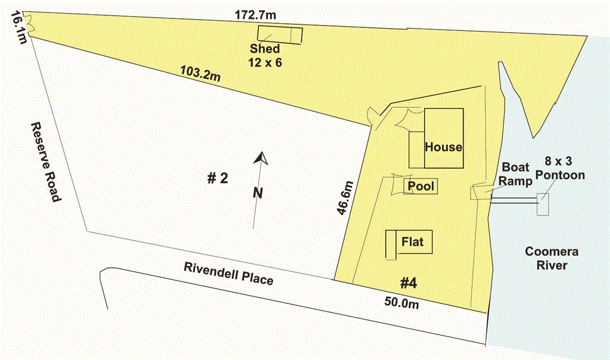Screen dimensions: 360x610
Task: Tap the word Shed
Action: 264,49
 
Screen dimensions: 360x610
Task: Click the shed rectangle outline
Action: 279,35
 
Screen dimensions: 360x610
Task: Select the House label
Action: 443,147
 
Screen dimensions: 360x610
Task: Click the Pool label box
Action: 421,187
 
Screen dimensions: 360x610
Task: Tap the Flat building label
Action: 413,242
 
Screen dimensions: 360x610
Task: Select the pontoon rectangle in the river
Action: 543,204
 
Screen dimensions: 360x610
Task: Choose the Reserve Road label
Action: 45,162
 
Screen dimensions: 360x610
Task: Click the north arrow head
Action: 259,158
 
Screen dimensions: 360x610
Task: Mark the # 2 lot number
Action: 217,179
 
